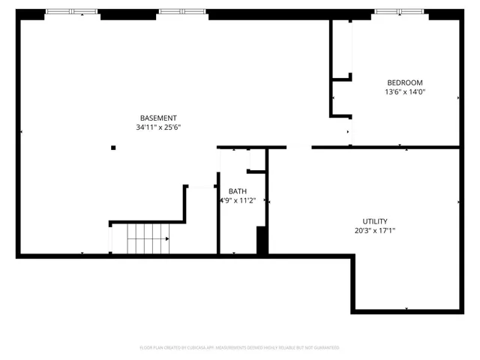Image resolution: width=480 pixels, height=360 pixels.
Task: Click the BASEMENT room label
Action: [x=158, y=118]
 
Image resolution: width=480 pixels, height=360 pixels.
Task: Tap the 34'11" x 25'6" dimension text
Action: [x=158, y=127]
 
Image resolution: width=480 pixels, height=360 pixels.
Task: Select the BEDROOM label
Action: [x=405, y=82]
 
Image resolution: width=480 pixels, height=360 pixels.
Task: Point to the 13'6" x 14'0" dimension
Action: [x=405, y=92]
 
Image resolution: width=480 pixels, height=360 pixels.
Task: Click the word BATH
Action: [x=237, y=191]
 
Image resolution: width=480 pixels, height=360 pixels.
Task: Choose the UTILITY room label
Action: [x=375, y=221]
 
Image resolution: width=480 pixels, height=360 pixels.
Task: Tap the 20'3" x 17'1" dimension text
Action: [x=375, y=231]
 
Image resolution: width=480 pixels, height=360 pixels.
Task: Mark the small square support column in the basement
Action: [x=113, y=148]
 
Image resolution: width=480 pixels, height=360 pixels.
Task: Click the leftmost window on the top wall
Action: [x=71, y=12]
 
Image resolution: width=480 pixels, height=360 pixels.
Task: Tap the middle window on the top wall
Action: [x=182, y=12]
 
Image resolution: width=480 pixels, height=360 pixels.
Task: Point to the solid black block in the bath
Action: [x=262, y=241]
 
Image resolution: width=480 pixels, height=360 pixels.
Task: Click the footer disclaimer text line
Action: [x=240, y=348]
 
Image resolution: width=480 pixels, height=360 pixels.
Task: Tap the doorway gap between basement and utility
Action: [x=298, y=148]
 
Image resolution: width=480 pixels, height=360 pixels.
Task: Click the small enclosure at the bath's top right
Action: [x=256, y=160]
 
